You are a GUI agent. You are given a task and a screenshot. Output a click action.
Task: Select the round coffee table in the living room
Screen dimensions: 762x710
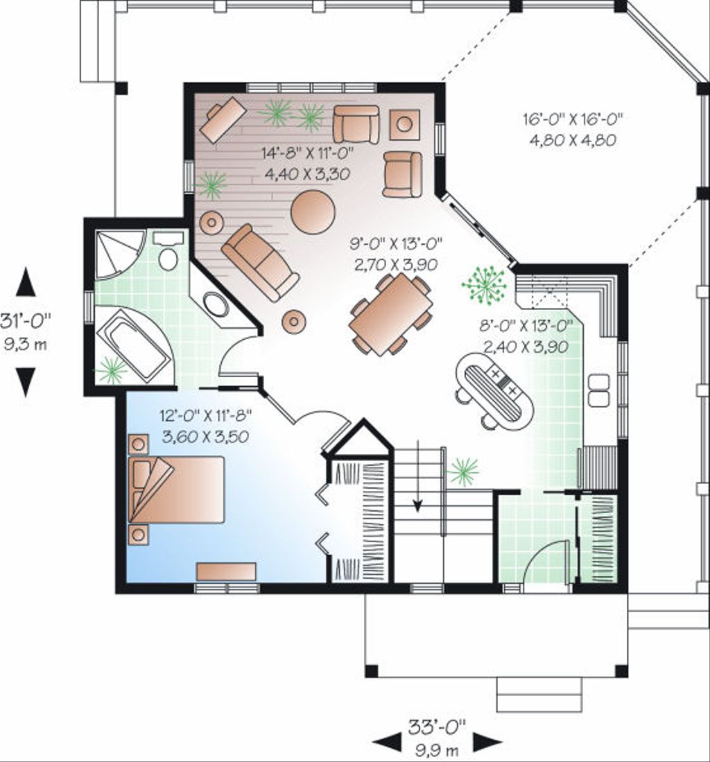[313, 212]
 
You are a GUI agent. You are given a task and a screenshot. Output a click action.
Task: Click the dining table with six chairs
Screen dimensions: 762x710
[391, 313]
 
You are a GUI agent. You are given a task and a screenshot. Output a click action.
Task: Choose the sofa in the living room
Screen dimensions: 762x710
[260, 262]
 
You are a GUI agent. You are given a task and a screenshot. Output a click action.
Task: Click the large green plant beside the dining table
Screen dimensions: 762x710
[485, 284]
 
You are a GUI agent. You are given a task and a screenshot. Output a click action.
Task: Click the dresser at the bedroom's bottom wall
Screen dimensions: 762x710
[226, 571]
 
